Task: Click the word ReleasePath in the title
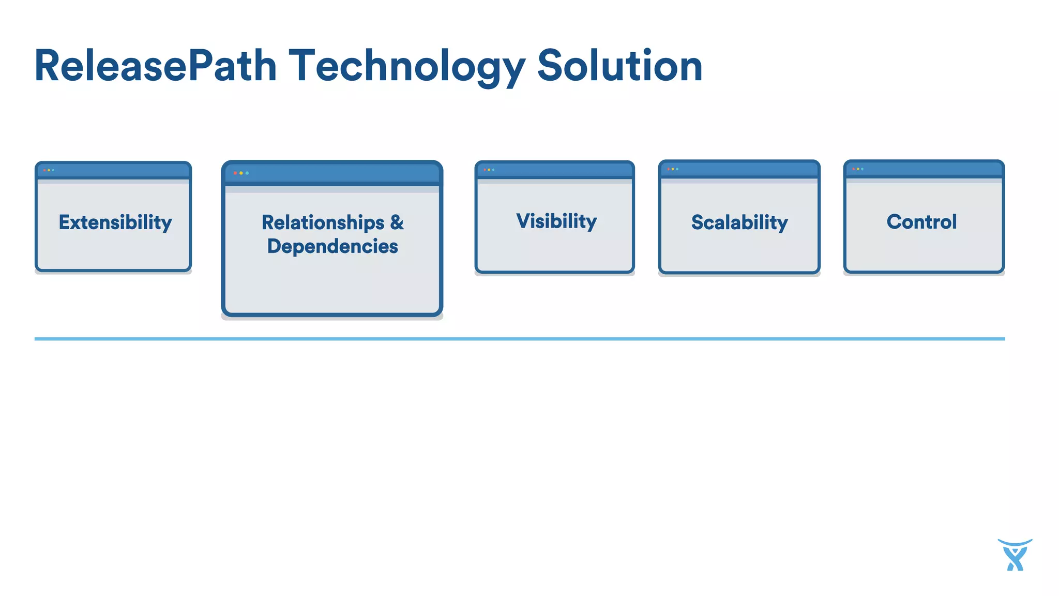155,66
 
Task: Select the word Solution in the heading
619,66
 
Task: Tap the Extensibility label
115,222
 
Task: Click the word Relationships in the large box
323,222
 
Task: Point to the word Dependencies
332,246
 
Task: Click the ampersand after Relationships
397,222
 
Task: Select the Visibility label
556,221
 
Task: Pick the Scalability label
739,222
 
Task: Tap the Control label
921,221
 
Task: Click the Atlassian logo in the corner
1015,555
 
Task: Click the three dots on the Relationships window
241,173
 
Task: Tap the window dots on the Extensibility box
49,170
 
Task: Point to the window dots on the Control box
858,169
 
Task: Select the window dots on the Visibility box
489,170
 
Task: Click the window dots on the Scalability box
673,169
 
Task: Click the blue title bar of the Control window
931,169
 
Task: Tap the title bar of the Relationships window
341,173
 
